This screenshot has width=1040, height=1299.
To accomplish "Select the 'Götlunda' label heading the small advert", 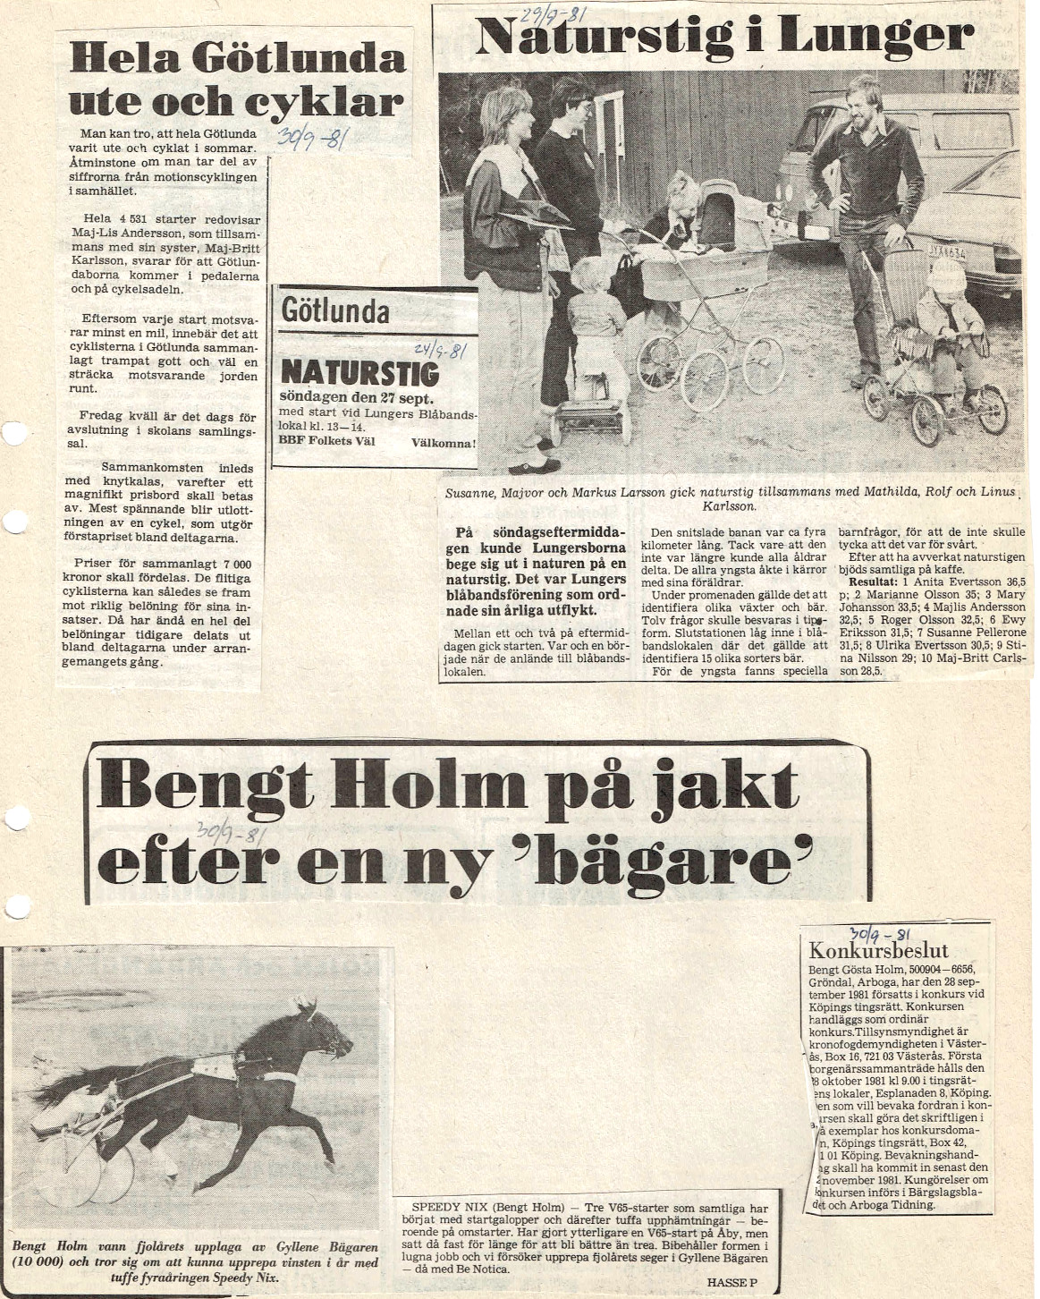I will [x=335, y=311].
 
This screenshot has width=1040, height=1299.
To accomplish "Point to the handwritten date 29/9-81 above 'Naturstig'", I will [x=547, y=14].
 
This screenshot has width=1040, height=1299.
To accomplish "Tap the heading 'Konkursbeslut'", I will [x=865, y=951].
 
